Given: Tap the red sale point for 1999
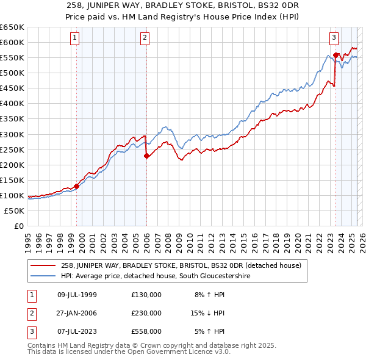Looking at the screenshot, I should [76, 186].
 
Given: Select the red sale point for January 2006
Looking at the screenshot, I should [146, 156].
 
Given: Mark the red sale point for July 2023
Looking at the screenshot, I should [335, 55].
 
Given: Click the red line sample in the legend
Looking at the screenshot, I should [44, 265].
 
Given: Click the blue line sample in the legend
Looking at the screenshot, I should [44, 276].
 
